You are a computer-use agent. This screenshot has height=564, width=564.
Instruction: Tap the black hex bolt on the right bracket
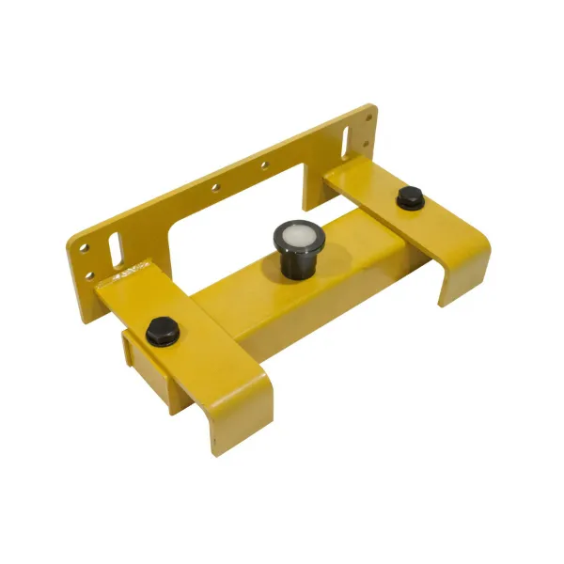click(408, 198)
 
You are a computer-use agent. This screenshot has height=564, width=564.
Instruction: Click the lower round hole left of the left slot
click(91, 276)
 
